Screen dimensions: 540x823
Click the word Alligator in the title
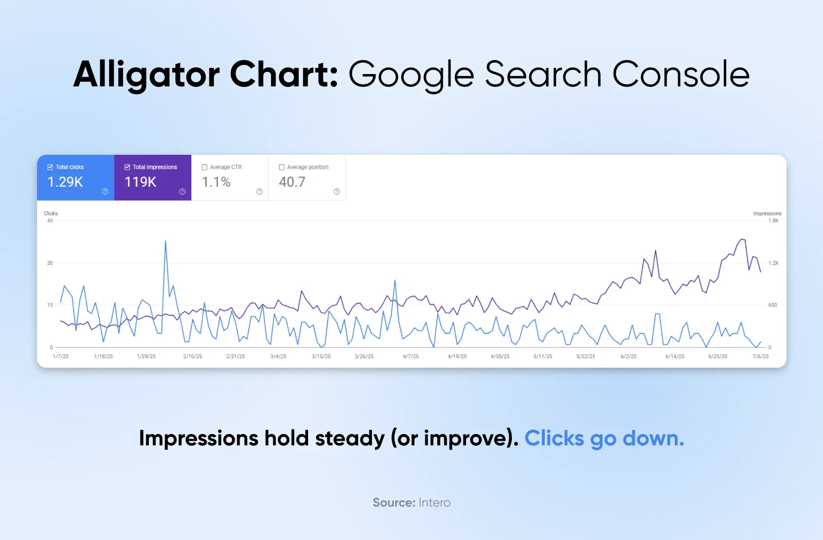pyautogui.click(x=147, y=75)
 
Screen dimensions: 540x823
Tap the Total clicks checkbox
pyautogui.click(x=50, y=167)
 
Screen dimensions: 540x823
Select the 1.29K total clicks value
pyautogui.click(x=65, y=182)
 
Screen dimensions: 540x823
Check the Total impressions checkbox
pyautogui.click(x=127, y=167)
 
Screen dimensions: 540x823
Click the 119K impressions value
pyautogui.click(x=140, y=182)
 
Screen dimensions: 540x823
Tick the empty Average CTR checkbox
pyautogui.click(x=204, y=167)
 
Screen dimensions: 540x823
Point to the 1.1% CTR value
pyautogui.click(x=216, y=182)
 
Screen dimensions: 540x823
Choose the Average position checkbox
pyautogui.click(x=281, y=167)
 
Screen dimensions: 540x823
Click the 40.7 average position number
pyautogui.click(x=292, y=182)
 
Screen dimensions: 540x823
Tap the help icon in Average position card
pyautogui.click(x=336, y=191)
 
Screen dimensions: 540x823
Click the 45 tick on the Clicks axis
pyautogui.click(x=50, y=221)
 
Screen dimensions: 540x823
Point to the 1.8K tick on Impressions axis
pyautogui.click(x=773, y=221)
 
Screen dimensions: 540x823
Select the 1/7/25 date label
pyautogui.click(x=61, y=356)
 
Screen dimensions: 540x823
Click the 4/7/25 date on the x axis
pyautogui.click(x=410, y=356)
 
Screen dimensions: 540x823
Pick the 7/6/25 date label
pyautogui.click(x=760, y=356)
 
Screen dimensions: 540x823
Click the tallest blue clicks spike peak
pyautogui.click(x=165, y=241)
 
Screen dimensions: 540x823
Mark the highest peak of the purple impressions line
pyautogui.click(x=741, y=239)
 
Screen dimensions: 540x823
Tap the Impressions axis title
pyautogui.click(x=767, y=213)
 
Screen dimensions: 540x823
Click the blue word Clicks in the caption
pyautogui.click(x=554, y=439)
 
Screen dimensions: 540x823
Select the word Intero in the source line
pyautogui.click(x=434, y=503)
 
